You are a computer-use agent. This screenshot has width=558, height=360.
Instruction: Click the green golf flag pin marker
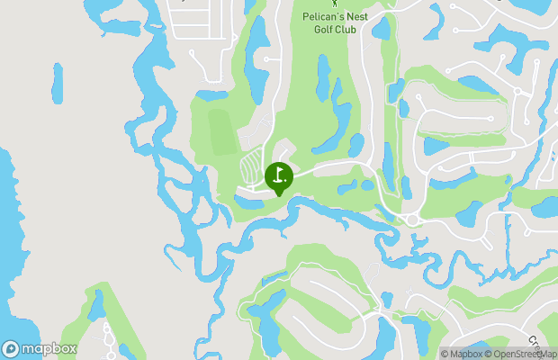(279, 177)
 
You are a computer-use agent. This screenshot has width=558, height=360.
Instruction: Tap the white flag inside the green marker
(279, 174)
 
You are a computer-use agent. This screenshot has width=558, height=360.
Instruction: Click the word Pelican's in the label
(324, 15)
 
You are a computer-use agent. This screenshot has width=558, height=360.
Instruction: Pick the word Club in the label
(346, 28)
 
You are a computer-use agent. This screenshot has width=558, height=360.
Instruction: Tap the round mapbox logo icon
(11, 349)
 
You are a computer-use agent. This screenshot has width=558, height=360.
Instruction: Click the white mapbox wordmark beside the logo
(49, 349)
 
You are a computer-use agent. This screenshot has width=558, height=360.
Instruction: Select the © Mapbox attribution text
(461, 354)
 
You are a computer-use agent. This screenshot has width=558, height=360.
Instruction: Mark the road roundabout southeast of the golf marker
(413, 220)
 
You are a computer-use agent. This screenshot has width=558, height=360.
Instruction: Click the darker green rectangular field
(220, 132)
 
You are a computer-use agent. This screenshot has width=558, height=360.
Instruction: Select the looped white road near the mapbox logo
(108, 337)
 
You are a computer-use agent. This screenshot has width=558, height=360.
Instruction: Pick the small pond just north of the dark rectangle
(212, 94)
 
